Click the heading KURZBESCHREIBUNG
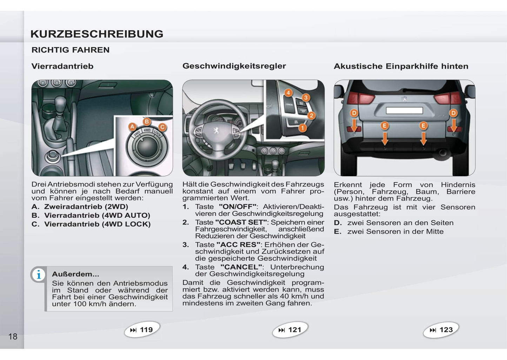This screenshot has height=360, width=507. pos(97,34)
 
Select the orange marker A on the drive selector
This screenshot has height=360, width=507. pos(132,127)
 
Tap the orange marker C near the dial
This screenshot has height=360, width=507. pos(162,127)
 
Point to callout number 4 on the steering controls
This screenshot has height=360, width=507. pos(288,93)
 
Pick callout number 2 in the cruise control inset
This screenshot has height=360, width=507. pos(311,115)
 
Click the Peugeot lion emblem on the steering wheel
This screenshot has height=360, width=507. pos(216,130)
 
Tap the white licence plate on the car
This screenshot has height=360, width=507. pos(404,111)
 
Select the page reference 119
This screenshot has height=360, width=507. pos(142,330)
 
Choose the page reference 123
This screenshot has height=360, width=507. pos(441,330)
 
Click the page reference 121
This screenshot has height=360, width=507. pos(290,330)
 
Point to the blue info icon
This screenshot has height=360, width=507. pos(39,275)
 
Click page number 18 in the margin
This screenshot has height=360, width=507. pos(13,337)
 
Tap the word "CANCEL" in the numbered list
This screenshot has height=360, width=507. pos(241,267)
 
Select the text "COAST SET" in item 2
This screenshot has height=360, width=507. pos(241,222)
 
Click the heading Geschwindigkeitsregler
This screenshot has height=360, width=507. pos(234,66)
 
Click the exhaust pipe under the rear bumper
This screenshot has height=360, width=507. pos(442,153)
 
